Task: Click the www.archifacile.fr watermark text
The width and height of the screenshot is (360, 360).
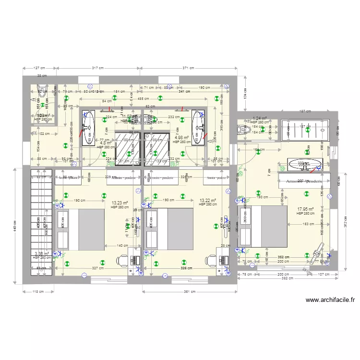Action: click(x=330, y=300)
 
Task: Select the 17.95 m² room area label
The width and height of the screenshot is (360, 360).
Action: click(x=305, y=209)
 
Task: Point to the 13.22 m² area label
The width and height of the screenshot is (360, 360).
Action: click(x=207, y=201)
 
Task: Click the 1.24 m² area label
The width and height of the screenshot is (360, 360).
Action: click(x=260, y=118)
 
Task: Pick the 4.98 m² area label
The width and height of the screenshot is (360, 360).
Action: click(x=181, y=138)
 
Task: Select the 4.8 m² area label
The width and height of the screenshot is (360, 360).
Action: click(x=106, y=143)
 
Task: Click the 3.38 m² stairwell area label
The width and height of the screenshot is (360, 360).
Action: click(x=42, y=253)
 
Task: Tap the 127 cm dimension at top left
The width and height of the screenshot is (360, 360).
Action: click(x=39, y=68)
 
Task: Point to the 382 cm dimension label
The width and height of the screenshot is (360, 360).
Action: click(x=287, y=278)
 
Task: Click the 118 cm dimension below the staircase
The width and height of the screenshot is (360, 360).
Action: click(x=38, y=291)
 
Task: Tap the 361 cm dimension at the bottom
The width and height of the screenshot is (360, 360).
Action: click(x=189, y=291)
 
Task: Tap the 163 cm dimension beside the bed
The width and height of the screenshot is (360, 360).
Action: click(x=309, y=224)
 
